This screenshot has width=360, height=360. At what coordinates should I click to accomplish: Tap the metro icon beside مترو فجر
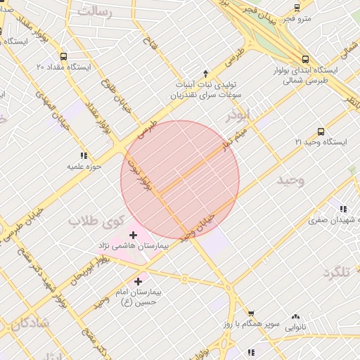coord(297,8)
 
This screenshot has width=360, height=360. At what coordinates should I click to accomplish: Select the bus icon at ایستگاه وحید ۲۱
coord(321,131)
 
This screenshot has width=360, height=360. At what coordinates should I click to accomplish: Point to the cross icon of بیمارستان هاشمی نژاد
coord(134,235)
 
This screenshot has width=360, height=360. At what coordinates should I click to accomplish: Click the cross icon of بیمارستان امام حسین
coord(138,281)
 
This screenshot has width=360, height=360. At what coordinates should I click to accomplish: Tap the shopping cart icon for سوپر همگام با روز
coord(251,314)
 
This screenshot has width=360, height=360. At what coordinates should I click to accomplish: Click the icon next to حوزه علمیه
coord(84,155)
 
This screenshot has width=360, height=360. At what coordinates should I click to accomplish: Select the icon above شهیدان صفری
coord(343,209)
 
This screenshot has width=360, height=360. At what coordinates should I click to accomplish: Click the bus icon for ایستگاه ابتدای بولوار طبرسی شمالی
coord(304,60)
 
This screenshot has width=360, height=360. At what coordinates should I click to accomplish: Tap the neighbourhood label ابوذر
coord(238,115)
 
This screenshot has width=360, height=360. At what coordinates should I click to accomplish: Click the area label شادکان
coord(30,323)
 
